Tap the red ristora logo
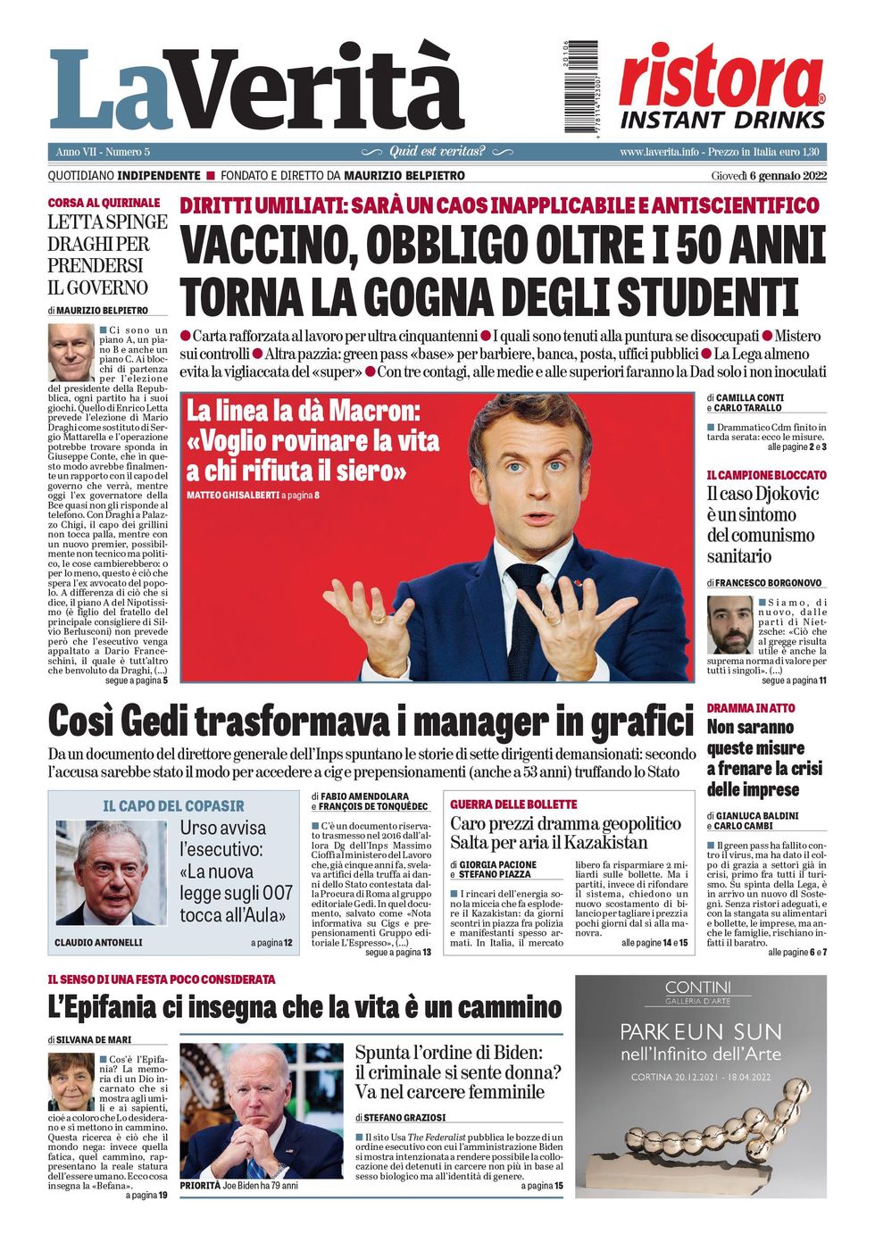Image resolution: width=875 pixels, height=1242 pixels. (721, 77)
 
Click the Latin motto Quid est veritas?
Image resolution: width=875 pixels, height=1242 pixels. (437, 152)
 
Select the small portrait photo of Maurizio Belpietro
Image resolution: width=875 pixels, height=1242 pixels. (71, 354)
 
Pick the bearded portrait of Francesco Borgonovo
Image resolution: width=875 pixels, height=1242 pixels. (729, 624)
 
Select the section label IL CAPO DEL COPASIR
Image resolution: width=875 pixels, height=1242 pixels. (173, 806)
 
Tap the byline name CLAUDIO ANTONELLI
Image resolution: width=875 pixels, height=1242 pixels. (98, 943)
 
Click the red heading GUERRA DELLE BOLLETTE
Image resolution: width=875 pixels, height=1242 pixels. (513, 804)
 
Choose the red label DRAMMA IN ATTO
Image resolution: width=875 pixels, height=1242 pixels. (750, 708)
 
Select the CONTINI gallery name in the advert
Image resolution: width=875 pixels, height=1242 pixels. (697, 988)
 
